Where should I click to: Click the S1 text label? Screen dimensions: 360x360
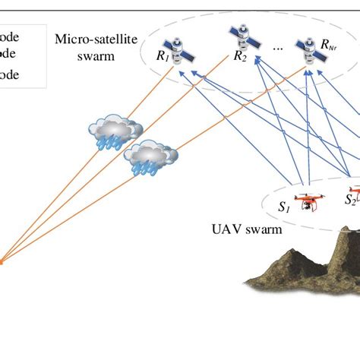click(284, 206)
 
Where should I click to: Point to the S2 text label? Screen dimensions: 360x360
click(350, 200)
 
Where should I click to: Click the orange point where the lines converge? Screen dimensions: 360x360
click(2, 262)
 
